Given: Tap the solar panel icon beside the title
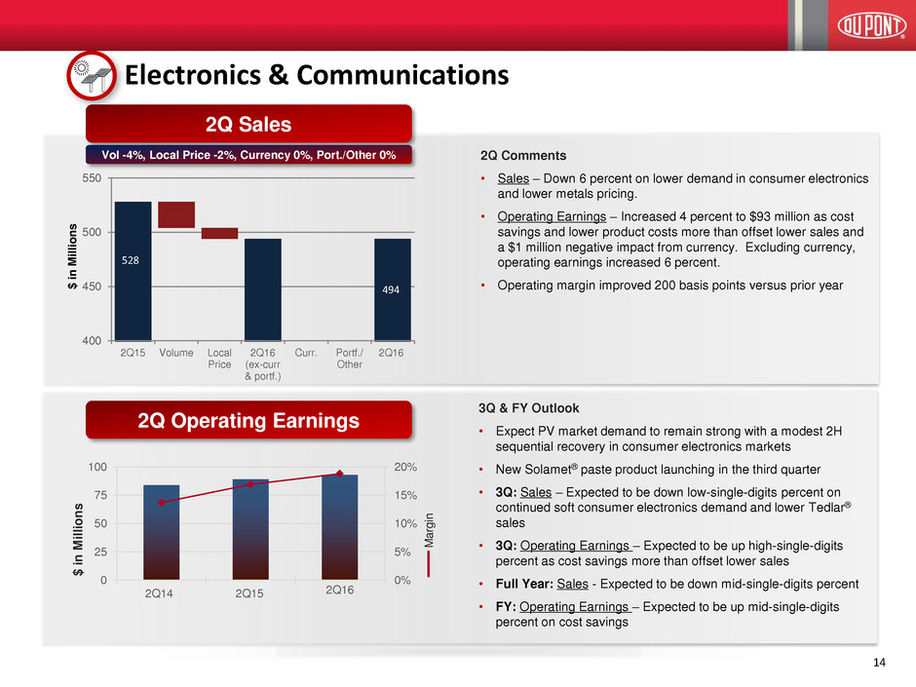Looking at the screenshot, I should pos(91,75).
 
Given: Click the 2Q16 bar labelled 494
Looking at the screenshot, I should pos(393,288).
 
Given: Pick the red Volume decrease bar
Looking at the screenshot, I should pos(176,214).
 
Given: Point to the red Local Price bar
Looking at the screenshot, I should pos(219,233).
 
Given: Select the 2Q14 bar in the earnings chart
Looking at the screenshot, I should pos(161,532).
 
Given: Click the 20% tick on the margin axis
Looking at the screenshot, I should pos(404,468).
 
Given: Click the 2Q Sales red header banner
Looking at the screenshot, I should pos(250,124).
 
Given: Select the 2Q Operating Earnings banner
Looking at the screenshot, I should pos(250,421).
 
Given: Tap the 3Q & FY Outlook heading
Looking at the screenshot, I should pos(525,408).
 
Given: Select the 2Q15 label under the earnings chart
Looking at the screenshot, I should pos(249,592).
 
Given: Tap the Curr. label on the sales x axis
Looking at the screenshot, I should pos(307,353).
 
